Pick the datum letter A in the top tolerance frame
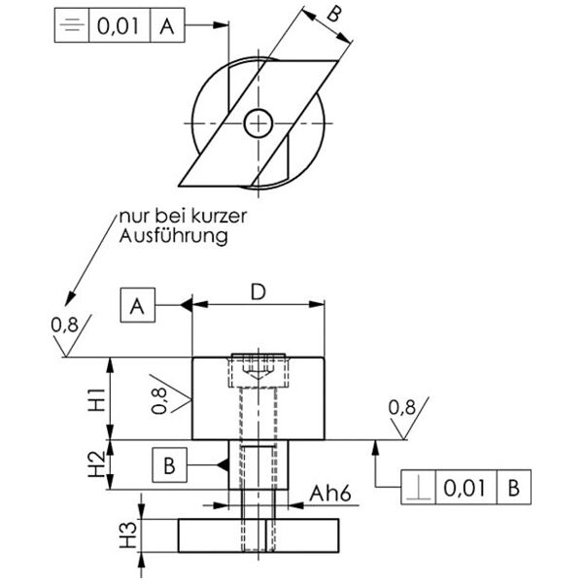[x=167, y=26]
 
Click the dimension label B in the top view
[x=333, y=15]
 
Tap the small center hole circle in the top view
[x=258, y=123]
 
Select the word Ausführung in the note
[x=174, y=236]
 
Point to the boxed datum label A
[x=137, y=307]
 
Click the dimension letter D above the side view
[x=257, y=291]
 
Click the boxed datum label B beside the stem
[x=169, y=466]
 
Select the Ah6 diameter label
[x=330, y=495]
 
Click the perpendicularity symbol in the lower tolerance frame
[x=420, y=488]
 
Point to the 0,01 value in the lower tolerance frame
[x=464, y=488]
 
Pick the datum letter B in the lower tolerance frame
[x=513, y=488]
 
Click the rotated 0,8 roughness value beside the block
[x=160, y=399]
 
